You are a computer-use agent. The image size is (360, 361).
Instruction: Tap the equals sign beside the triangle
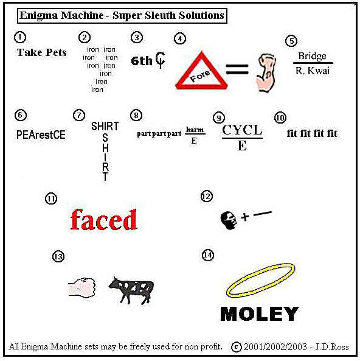click(x=237, y=69)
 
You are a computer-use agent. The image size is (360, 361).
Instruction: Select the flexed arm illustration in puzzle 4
click(x=266, y=73)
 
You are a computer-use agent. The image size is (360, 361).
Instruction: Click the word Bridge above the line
click(x=312, y=56)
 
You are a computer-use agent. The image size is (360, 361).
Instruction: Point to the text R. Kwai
click(x=313, y=71)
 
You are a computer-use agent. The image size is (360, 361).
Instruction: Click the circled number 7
click(x=79, y=115)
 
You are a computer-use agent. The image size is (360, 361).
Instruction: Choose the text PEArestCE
click(x=41, y=135)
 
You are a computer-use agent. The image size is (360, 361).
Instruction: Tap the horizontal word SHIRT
click(x=105, y=126)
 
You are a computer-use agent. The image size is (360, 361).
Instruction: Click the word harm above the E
click(x=195, y=130)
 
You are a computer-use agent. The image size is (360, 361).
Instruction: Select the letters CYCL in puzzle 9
click(x=242, y=130)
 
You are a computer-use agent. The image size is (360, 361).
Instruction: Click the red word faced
click(x=104, y=220)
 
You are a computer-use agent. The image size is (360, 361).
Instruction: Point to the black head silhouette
click(x=229, y=220)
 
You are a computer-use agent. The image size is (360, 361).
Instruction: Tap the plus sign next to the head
click(x=245, y=217)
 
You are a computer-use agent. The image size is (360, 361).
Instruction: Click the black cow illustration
click(x=131, y=290)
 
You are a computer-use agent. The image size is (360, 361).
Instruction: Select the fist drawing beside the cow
click(x=82, y=287)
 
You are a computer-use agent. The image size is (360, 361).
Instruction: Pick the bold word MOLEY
click(x=260, y=314)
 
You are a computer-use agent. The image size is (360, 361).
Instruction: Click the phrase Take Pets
click(x=41, y=52)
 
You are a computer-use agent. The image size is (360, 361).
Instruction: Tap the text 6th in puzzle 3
click(x=142, y=61)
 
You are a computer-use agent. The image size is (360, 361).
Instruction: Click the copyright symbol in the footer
click(x=236, y=347)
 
